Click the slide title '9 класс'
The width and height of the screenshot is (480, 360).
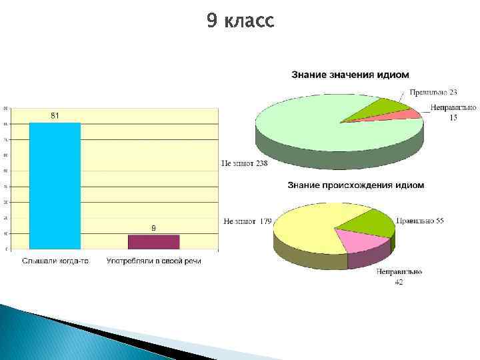pos(240,21)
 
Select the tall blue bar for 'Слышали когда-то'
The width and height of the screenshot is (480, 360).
pos(55,187)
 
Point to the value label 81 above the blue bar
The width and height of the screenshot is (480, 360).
pos(55,116)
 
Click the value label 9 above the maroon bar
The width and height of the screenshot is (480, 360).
pos(154,228)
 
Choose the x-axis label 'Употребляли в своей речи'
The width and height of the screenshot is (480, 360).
pos(154,261)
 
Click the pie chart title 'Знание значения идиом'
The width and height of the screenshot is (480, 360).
pos(350,75)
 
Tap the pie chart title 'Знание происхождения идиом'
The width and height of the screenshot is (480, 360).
pos(355,185)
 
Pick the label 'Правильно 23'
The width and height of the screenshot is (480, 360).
pos(433,92)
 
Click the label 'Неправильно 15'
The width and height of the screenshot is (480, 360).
pos(453,112)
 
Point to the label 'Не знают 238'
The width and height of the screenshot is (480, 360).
pos(244,164)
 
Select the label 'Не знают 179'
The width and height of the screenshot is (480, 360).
pos(247,221)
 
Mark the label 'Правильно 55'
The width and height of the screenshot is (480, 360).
pos(421,220)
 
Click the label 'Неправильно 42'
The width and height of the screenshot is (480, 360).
pos(399,277)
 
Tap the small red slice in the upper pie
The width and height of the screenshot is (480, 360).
pos(400,115)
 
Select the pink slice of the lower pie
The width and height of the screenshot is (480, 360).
pos(363,240)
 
